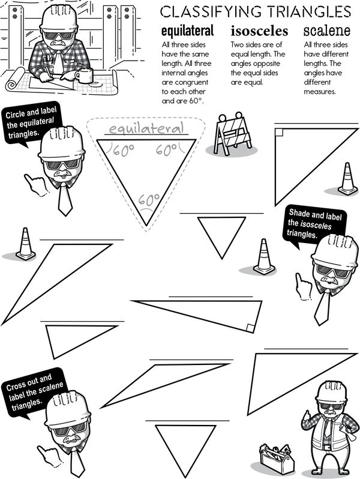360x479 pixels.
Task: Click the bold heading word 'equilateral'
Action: click(x=187, y=31)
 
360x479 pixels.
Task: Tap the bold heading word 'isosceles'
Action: click(x=260, y=31)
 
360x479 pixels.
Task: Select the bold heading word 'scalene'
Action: click(x=327, y=31)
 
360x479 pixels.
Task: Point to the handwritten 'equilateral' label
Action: click(x=146, y=128)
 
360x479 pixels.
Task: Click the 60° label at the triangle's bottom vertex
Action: click(x=149, y=200)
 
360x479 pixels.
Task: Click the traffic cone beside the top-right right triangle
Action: click(x=347, y=179)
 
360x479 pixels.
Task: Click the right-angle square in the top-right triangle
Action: click(x=278, y=132)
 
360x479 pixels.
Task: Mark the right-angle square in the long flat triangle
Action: click(x=250, y=328)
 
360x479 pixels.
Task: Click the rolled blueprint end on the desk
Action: click(x=14, y=80)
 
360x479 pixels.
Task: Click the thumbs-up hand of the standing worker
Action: click(x=306, y=417)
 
